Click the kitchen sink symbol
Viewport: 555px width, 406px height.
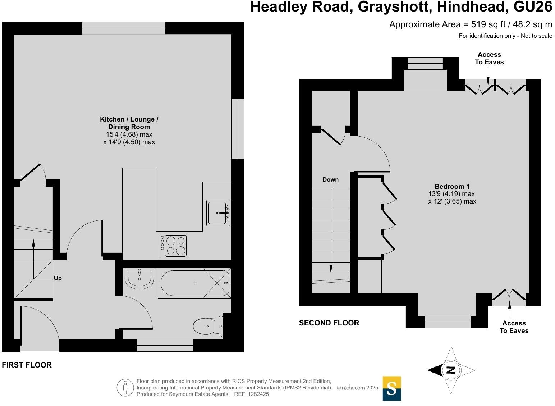tap(218, 213)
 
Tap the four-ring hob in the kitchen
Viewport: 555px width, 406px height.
tap(174, 246)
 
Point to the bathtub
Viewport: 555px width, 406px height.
tap(194, 283)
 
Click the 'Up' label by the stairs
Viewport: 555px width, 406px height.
tap(58, 278)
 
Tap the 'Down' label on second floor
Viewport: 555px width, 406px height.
tap(330, 179)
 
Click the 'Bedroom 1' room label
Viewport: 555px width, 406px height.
tap(452, 186)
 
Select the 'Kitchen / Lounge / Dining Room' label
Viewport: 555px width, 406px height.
tap(129, 123)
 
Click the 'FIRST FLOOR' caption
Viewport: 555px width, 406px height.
tap(27, 365)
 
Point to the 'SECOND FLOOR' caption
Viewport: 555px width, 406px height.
tap(329, 323)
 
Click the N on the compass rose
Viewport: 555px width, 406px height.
tap(451, 370)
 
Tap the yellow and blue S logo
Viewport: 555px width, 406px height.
tap(391, 388)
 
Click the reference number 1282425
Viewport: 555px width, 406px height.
tap(257, 394)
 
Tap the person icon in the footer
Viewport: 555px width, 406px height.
tap(125, 388)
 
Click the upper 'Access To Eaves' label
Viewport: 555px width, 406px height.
tap(489, 58)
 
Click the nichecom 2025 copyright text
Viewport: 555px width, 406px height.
tap(358, 388)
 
